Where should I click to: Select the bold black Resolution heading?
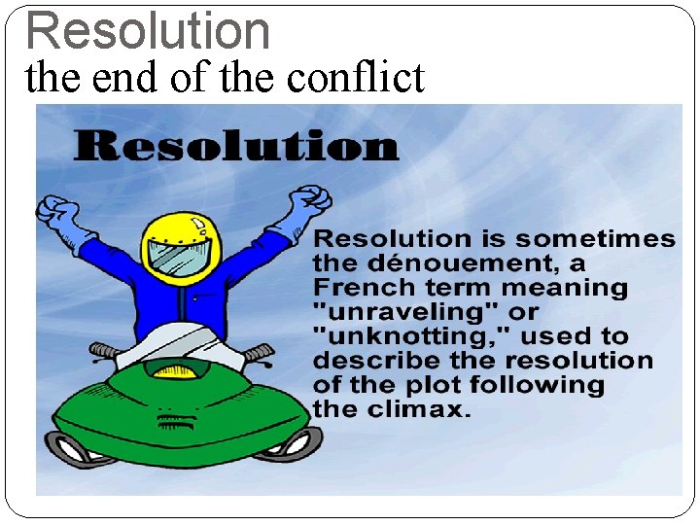point(236,147)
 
